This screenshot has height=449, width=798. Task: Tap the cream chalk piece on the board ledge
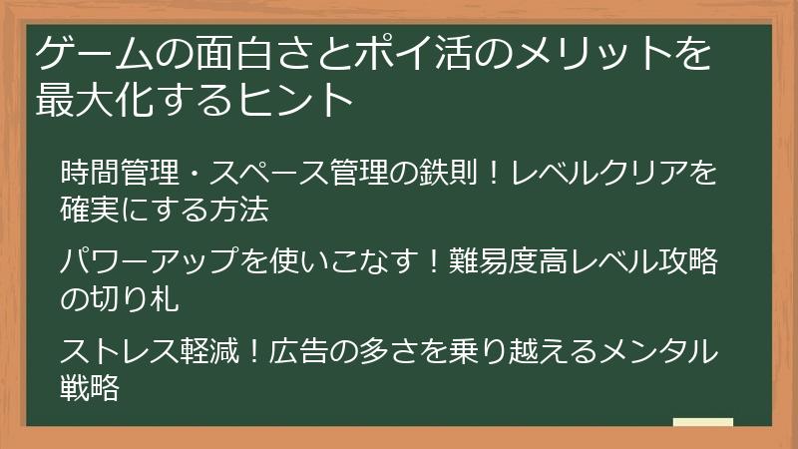point(703,422)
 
